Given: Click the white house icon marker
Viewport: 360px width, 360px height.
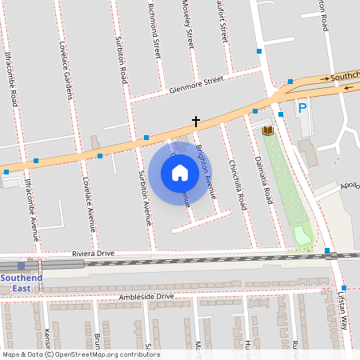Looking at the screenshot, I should (180, 173).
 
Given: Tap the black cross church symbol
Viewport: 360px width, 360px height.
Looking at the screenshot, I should (195, 122).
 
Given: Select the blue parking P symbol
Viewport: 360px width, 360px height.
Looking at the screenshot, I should (302, 108).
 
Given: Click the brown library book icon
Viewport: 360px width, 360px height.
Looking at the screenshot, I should (268, 130).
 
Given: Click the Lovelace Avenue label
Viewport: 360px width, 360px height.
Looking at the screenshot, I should (90, 203).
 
